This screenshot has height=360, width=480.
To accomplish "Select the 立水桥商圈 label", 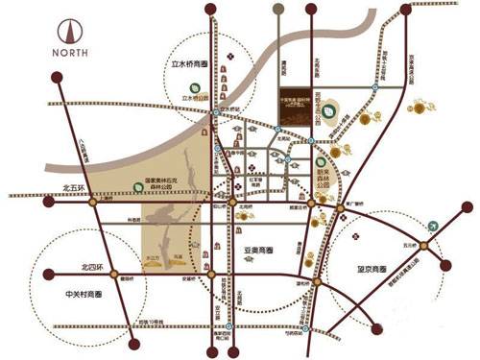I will coord(189,65).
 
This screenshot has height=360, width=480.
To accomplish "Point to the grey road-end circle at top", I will coord(277,10).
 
